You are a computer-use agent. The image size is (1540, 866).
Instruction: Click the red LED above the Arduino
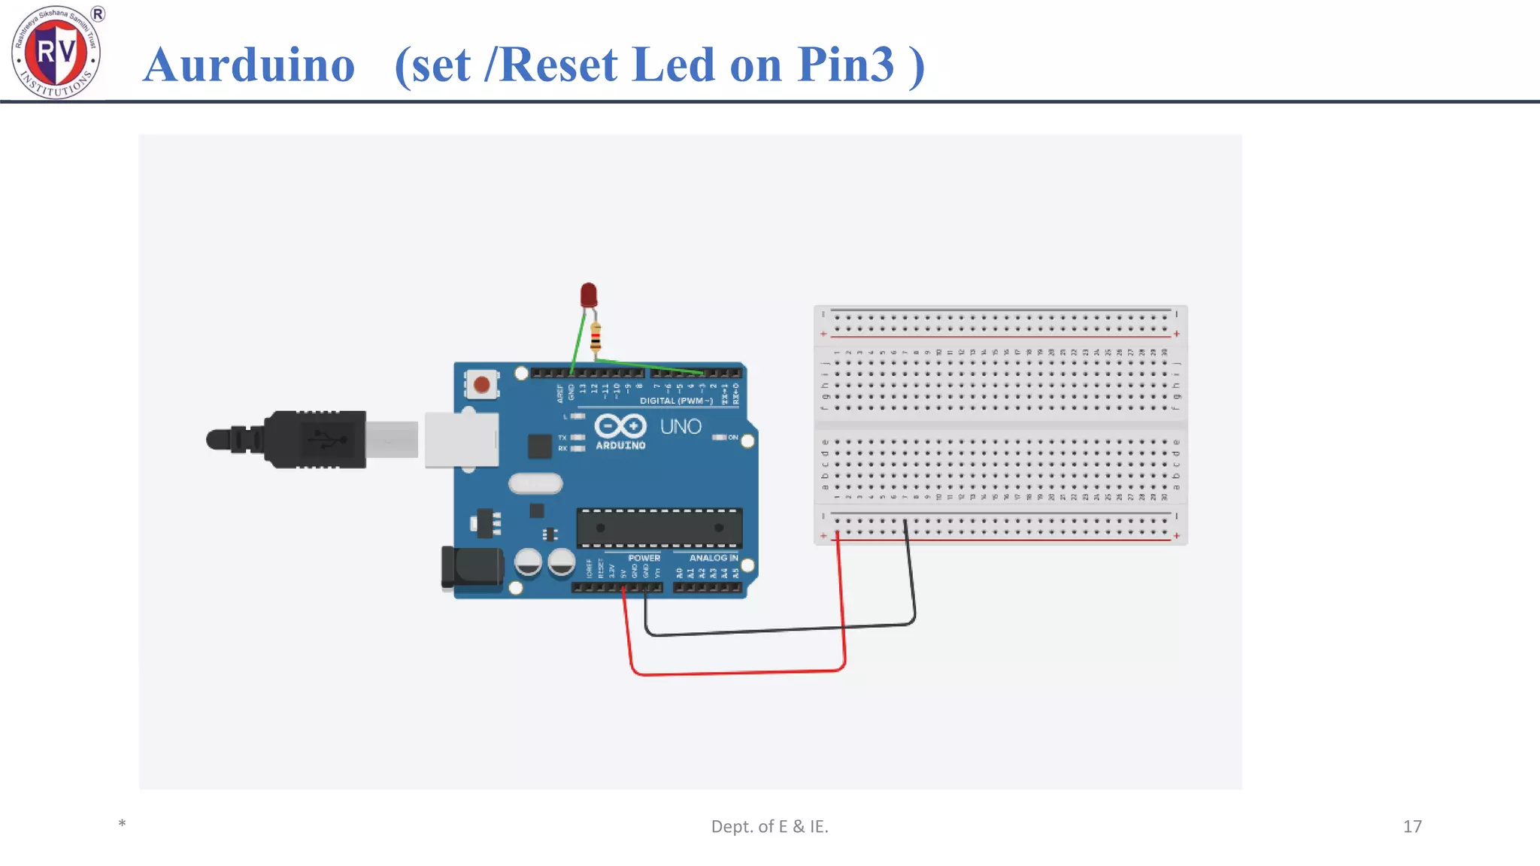pyautogui.click(x=589, y=295)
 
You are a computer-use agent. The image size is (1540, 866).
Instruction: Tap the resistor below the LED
pyautogui.click(x=596, y=338)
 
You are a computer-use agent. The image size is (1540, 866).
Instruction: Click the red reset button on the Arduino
pyautogui.click(x=482, y=385)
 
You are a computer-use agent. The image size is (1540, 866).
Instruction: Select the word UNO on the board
pyautogui.click(x=681, y=427)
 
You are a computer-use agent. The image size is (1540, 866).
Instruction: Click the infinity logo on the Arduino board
pyautogui.click(x=620, y=426)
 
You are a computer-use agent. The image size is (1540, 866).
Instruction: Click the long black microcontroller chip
pyautogui.click(x=659, y=528)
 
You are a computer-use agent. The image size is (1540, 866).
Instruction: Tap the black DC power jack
pyautogui.click(x=472, y=568)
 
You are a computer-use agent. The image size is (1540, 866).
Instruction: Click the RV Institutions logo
pyautogui.click(x=56, y=51)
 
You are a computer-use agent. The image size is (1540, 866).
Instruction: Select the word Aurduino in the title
pyautogui.click(x=249, y=65)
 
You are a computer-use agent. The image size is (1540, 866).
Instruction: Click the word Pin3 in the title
pyautogui.click(x=846, y=65)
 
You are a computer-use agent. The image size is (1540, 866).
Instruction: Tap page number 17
pyautogui.click(x=1412, y=826)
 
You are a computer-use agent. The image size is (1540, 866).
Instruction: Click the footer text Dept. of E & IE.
pyautogui.click(x=769, y=826)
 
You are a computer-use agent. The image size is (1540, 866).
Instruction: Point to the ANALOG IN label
pyautogui.click(x=714, y=558)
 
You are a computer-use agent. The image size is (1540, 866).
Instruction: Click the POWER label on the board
pyautogui.click(x=644, y=558)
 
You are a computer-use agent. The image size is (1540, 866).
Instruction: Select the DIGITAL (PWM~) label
pyautogui.click(x=676, y=401)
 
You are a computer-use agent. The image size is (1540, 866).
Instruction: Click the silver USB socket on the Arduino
pyautogui.click(x=461, y=440)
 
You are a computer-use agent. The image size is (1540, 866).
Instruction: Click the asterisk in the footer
pyautogui.click(x=122, y=824)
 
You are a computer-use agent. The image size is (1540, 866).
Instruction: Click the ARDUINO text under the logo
pyautogui.click(x=620, y=446)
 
